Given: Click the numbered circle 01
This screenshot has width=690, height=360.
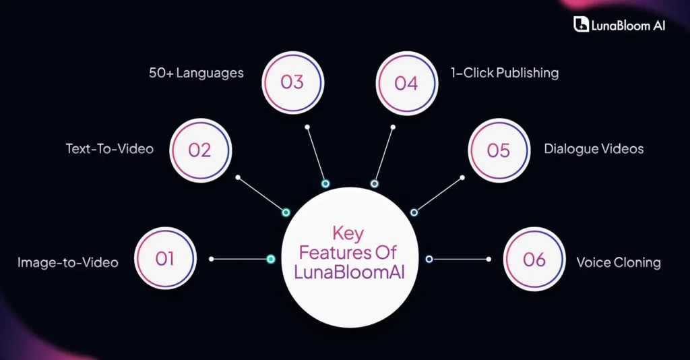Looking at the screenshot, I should click(165, 258).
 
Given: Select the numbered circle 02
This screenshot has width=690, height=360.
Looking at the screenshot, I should click(199, 149).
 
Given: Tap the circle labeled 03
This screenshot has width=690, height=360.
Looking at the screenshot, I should click(292, 82).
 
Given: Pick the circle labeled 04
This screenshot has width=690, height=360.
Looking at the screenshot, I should click(406, 83).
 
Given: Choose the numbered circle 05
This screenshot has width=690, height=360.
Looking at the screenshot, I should click(499, 149).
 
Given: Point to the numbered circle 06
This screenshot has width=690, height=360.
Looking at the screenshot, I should click(534, 259).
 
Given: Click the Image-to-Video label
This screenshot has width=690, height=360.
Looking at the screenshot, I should click(67, 262).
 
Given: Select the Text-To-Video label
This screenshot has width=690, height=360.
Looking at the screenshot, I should click(109, 148).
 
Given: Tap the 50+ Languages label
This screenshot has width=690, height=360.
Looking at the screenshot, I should click(196, 72).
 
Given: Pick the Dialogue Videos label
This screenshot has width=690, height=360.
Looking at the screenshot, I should click(594, 148).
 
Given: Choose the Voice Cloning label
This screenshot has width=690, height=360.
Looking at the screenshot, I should click(618, 262).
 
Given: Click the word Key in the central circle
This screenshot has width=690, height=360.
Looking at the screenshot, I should click(348, 234).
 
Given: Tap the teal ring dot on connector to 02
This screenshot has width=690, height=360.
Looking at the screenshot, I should click(286, 212).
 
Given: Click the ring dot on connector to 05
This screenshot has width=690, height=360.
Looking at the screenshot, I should click(414, 212).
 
